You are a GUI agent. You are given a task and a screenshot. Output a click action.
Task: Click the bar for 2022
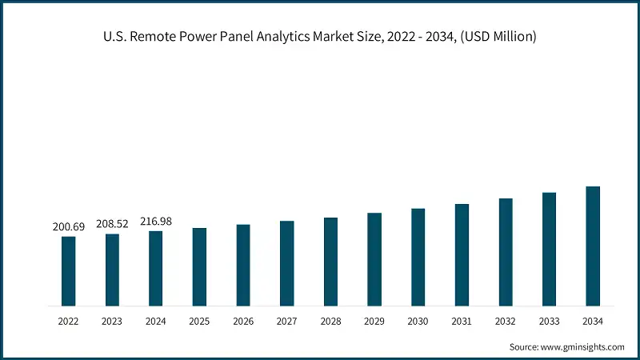tap(69, 271)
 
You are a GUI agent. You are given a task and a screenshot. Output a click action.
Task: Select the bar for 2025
tap(199, 267)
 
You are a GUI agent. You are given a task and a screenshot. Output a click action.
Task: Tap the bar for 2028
tap(330, 262)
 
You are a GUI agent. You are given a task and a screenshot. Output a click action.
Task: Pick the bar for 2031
tap(462, 255)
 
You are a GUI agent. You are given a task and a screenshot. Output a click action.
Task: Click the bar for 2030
tap(418, 258)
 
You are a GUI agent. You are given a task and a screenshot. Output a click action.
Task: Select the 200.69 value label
tap(69, 227)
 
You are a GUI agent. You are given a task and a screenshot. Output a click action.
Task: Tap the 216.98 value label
tap(156, 222)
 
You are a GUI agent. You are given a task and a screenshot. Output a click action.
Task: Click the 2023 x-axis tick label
tap(112, 321)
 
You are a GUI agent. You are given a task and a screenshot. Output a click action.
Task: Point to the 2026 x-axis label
tap(243, 321)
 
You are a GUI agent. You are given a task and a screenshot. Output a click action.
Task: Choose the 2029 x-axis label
tap(374, 321)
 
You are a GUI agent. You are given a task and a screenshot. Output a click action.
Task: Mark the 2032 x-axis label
tap(505, 321)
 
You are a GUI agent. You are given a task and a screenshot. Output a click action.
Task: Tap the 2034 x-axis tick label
tap(593, 321)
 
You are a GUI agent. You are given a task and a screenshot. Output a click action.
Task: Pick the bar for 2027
tap(286, 264)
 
